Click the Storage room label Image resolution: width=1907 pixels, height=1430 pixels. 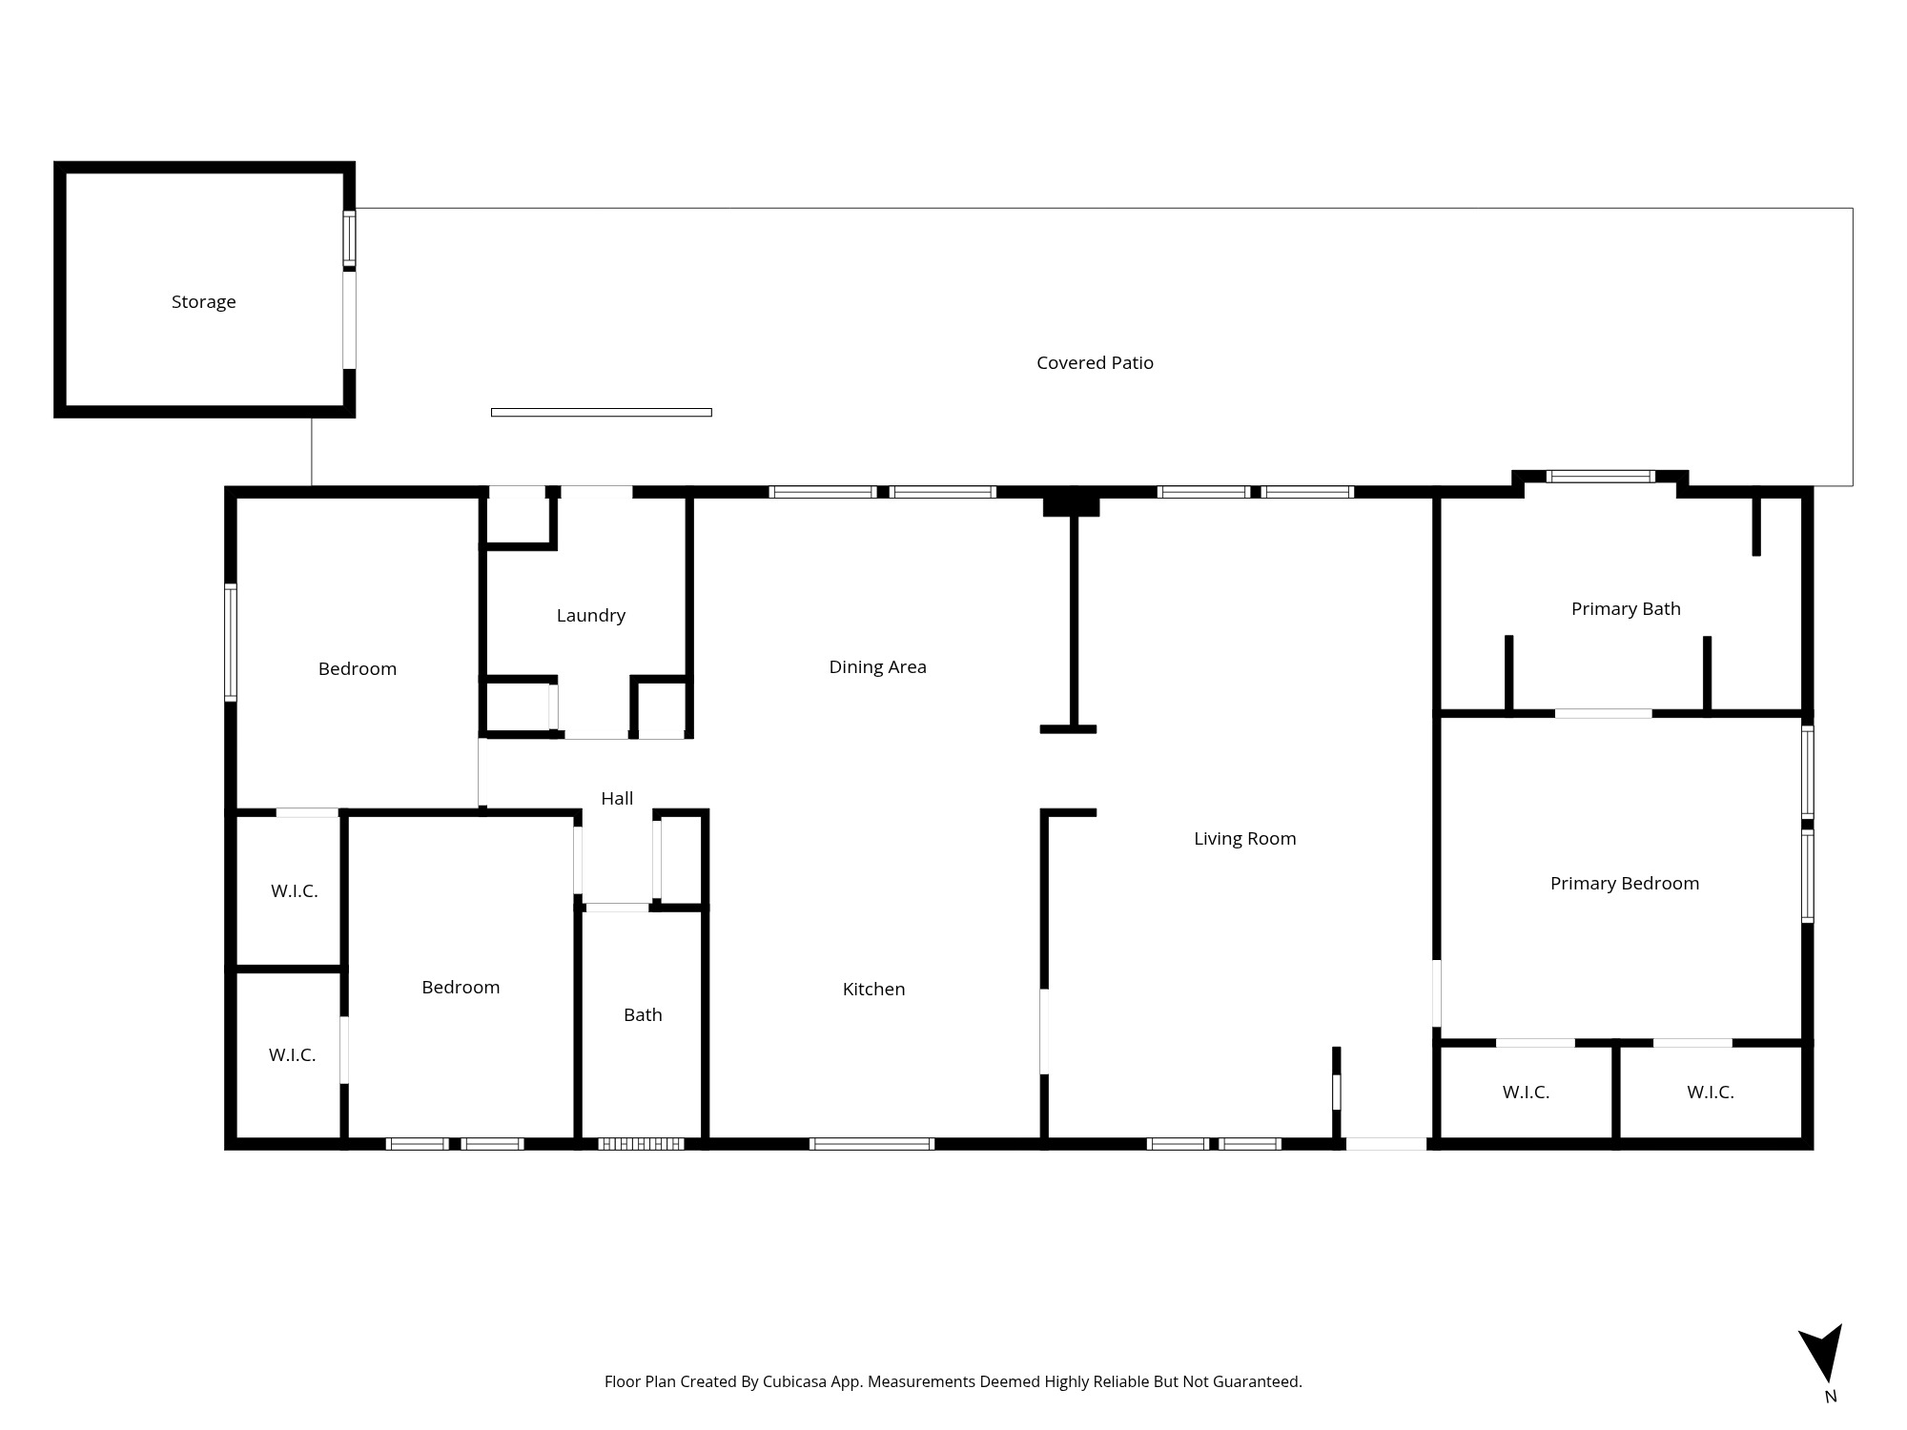coord(203,302)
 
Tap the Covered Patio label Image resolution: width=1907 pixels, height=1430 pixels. coord(1095,363)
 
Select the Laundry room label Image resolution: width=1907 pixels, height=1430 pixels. coord(591,616)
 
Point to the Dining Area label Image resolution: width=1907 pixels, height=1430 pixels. coord(877,667)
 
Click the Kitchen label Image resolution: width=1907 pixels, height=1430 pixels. coord(873,990)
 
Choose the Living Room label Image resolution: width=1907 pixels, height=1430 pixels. coord(1244,839)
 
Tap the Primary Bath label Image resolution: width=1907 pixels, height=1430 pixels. coord(1626,609)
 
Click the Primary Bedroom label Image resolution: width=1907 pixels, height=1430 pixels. coord(1624,884)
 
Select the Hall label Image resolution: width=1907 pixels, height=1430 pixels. coord(617,799)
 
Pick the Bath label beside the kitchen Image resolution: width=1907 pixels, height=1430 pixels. coord(643,1015)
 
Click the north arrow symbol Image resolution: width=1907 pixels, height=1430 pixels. coord(1822,1352)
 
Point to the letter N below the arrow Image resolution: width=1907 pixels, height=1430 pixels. coord(1830,1397)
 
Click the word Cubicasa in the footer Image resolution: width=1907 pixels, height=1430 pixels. coord(794,1381)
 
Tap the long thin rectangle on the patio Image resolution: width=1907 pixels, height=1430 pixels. coord(601,413)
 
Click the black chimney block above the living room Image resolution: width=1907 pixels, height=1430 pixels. coord(1071,502)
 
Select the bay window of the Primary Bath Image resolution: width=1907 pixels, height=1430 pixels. coord(1600,477)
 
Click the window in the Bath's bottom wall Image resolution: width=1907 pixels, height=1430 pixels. coord(641,1144)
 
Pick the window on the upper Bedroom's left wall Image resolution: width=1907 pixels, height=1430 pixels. coord(231,643)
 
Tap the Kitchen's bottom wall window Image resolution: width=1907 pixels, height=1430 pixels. coord(871,1144)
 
